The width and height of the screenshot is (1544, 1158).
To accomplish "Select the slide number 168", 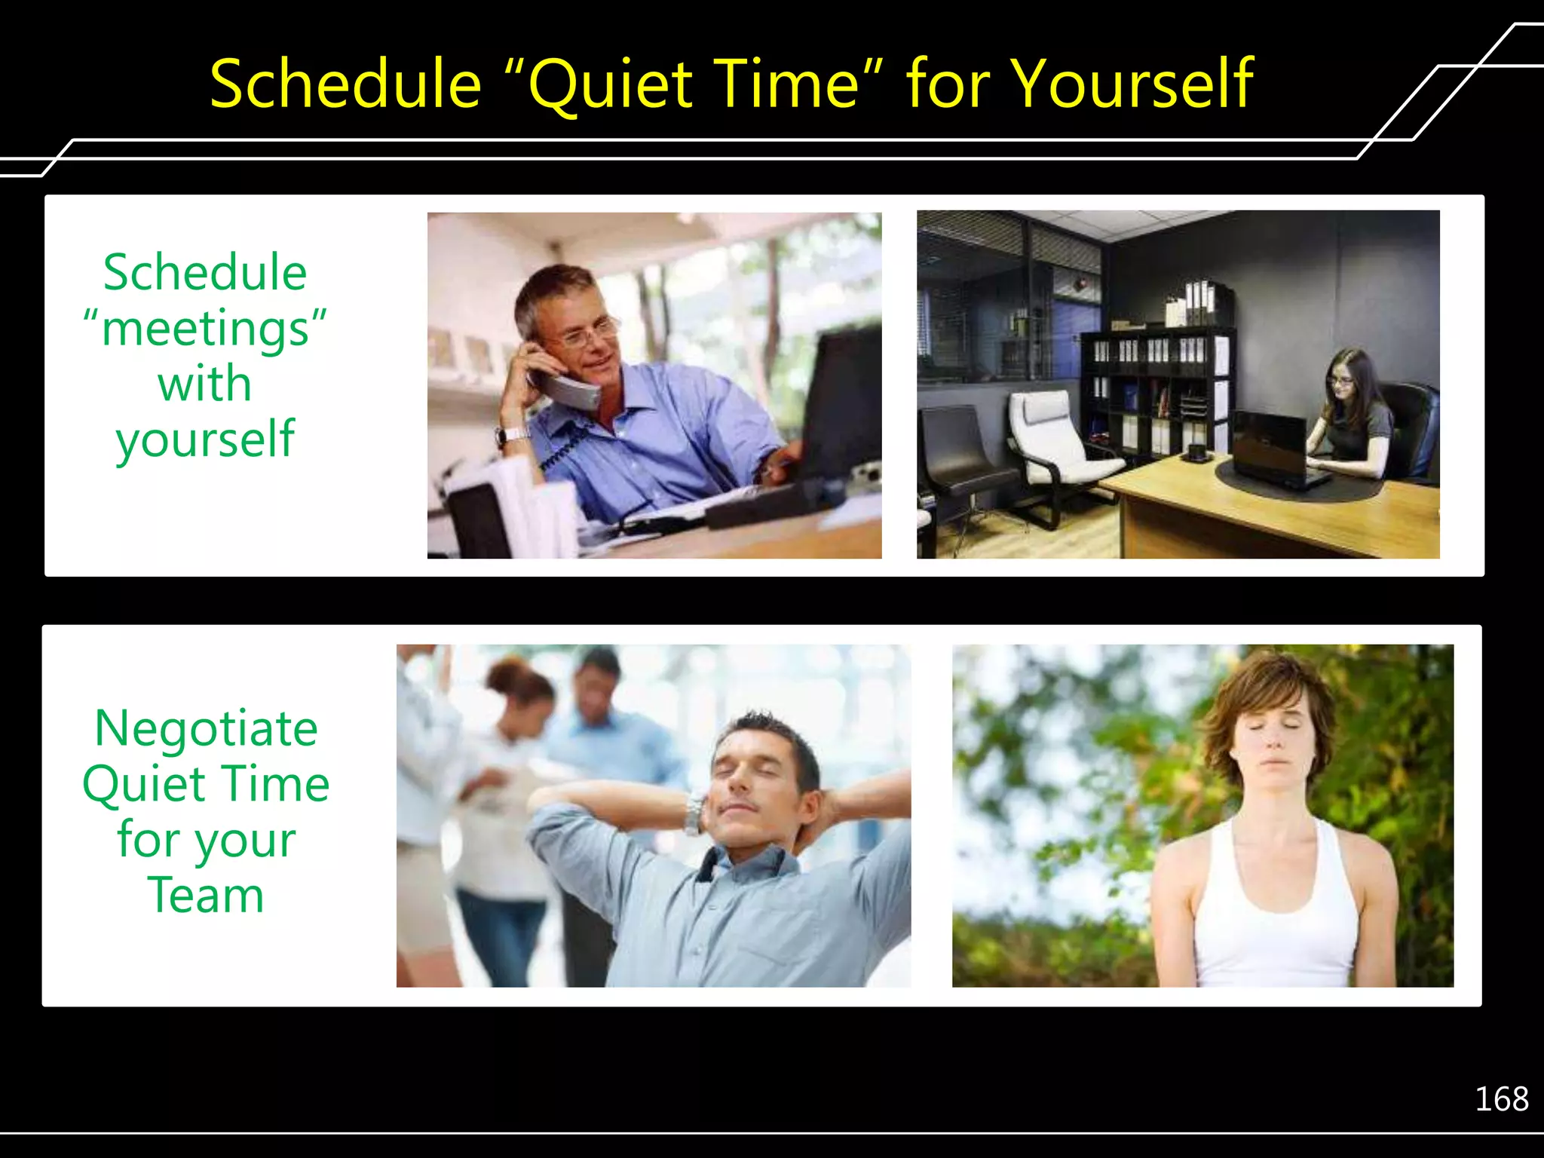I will click(1501, 1099).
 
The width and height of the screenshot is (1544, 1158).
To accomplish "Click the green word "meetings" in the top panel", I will click(205, 330).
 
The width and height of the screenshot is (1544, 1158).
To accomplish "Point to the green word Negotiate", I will click(206, 729).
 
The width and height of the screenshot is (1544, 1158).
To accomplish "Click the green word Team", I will click(205, 896).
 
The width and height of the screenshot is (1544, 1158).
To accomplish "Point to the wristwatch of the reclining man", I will click(693, 815).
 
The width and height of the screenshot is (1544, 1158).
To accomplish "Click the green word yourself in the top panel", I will click(205, 439).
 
